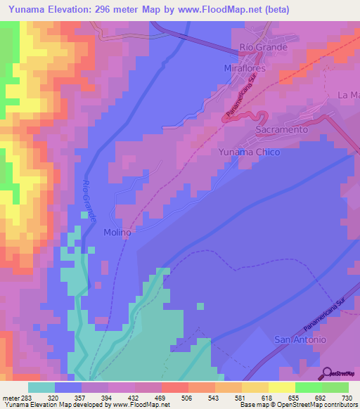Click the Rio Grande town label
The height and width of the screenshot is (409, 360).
[264, 47]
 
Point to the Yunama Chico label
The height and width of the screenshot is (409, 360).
[249, 152]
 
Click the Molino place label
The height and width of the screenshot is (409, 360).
[117, 232]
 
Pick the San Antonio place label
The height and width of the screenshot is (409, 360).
[300, 339]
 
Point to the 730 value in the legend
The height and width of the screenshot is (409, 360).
[347, 398]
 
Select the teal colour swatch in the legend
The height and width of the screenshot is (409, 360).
[41, 387]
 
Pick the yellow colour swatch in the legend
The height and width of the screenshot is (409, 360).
[281, 387]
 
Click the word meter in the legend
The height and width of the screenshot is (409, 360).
[12, 398]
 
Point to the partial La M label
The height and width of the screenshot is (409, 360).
[349, 95]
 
